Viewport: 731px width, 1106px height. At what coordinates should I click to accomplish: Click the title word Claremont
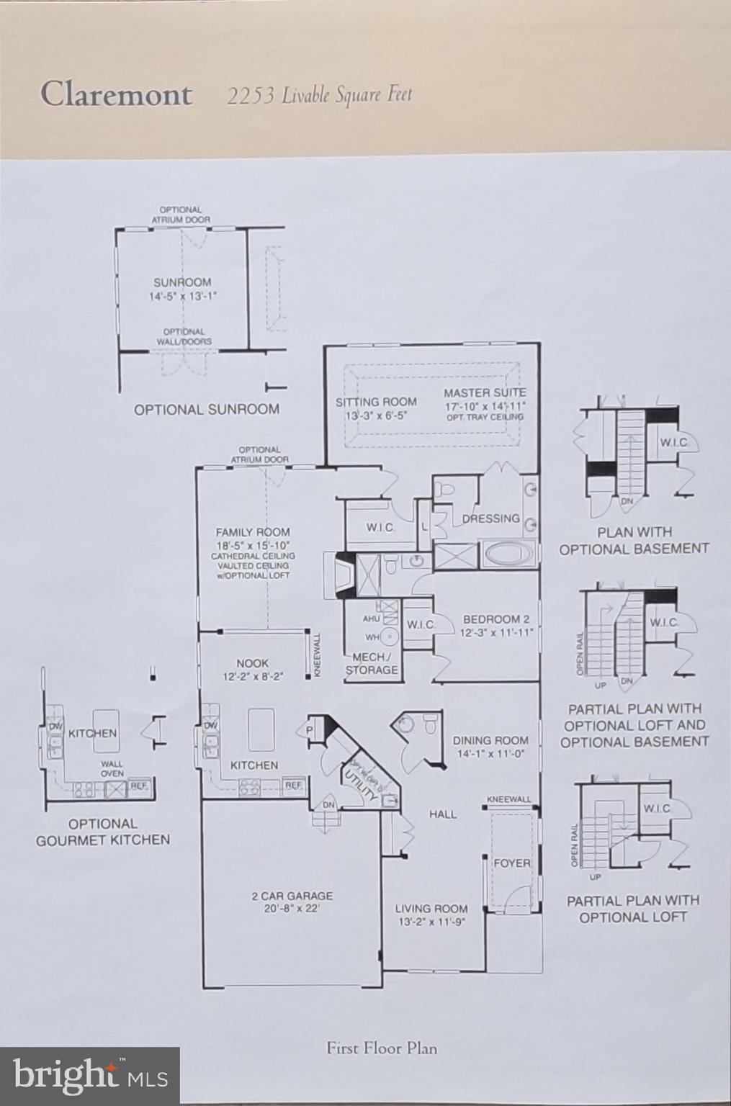tap(116, 94)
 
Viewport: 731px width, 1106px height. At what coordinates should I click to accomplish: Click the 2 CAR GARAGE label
tap(292, 896)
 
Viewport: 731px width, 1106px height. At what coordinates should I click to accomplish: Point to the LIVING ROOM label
tap(431, 909)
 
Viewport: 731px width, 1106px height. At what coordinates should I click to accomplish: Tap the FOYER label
tap(511, 863)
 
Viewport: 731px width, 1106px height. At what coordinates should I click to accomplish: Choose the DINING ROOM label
tap(490, 740)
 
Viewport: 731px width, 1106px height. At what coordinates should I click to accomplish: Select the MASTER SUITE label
tap(485, 393)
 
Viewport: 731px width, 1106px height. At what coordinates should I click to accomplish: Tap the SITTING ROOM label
tap(376, 402)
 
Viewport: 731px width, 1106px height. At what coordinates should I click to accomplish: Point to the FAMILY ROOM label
tap(253, 532)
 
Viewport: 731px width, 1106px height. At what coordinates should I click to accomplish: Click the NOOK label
tap(252, 663)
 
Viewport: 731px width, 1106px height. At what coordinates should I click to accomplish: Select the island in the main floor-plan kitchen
tap(260, 729)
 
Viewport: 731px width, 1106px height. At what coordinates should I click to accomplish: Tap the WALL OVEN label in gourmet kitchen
tap(112, 768)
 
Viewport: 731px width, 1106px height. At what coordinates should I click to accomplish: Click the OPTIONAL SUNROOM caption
tap(206, 410)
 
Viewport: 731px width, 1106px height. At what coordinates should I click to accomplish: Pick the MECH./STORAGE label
tap(372, 664)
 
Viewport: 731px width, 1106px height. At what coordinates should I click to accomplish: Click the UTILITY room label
tap(361, 786)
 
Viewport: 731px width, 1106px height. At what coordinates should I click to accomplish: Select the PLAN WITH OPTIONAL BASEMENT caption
tap(634, 540)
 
